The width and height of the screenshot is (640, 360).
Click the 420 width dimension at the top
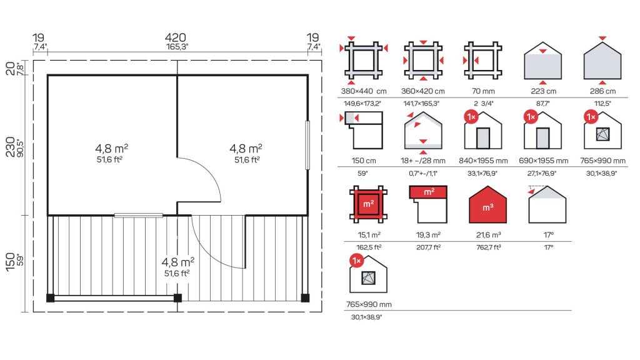176,37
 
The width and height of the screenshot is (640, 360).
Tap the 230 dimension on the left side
11,146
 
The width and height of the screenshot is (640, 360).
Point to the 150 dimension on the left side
11,262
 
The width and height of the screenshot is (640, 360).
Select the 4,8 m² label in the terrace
178,262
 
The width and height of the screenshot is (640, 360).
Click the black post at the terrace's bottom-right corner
305,297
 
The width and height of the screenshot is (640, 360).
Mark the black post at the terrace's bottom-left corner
50,297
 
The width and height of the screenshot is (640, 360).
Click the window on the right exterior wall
307,145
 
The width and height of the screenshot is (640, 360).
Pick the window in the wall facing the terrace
138,215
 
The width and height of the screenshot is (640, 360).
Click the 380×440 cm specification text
364,91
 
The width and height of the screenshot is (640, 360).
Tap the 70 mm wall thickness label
483,91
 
